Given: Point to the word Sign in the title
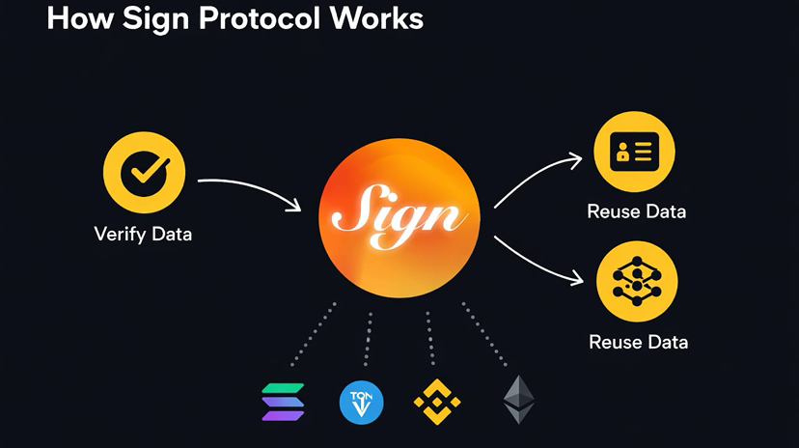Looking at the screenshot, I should pyautogui.click(x=157, y=18).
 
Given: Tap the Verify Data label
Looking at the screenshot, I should pyautogui.click(x=143, y=234).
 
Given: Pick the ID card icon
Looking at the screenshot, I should pyautogui.click(x=636, y=153).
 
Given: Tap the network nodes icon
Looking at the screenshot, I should pyautogui.click(x=638, y=281).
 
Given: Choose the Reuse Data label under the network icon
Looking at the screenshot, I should pyautogui.click(x=638, y=342).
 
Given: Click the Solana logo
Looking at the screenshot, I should pyautogui.click(x=284, y=402).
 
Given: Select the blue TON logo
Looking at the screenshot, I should pyautogui.click(x=362, y=403).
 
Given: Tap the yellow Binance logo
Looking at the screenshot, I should pyautogui.click(x=437, y=403).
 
